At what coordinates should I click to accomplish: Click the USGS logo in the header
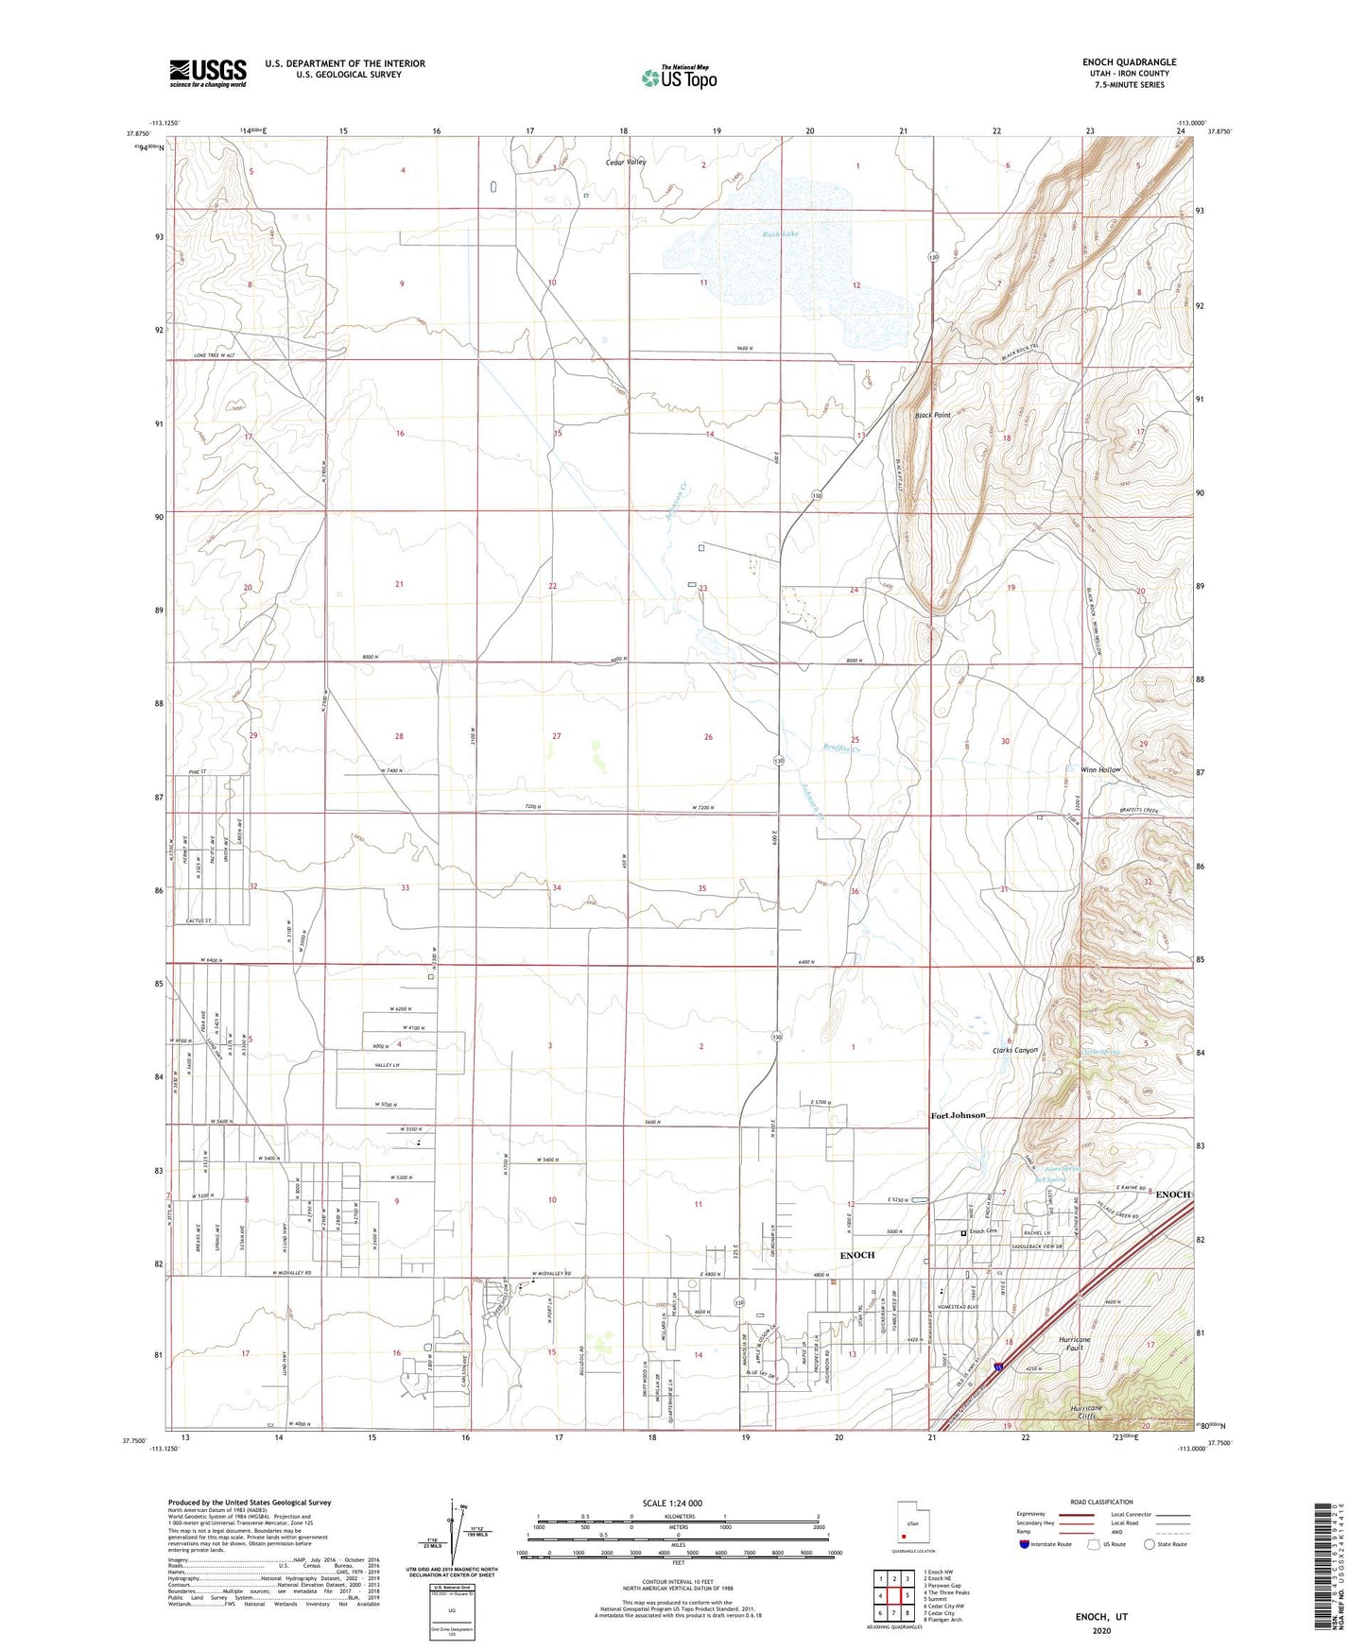(x=208, y=73)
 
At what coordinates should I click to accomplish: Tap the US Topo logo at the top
(x=678, y=77)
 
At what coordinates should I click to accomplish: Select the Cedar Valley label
(x=626, y=163)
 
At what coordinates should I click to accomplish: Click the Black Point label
(x=932, y=415)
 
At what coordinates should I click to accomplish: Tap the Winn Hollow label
(x=1094, y=769)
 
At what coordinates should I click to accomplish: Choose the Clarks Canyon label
(x=1014, y=1050)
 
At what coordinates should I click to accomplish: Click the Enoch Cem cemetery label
(x=980, y=1231)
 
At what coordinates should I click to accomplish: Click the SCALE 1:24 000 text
(x=678, y=1503)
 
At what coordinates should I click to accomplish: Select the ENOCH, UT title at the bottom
(x=1101, y=1617)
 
